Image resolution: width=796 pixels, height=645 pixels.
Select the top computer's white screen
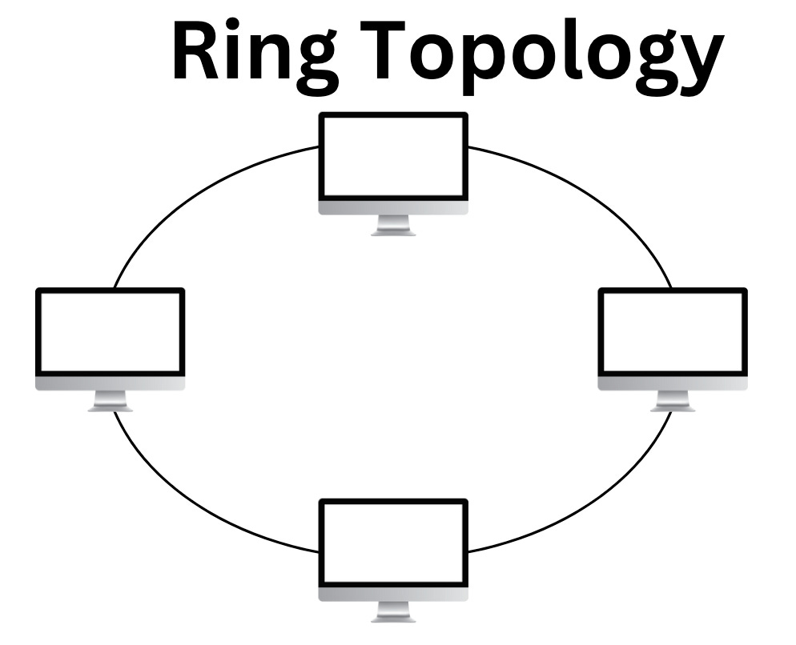pos(393,156)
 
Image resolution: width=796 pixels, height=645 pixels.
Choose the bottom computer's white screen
pos(393,543)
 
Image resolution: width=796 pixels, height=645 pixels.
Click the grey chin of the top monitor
pos(393,207)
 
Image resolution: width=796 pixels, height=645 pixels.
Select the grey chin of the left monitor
pos(111,383)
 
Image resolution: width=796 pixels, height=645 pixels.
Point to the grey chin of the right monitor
pos(673,383)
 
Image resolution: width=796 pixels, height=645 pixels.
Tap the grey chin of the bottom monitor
pos(393,594)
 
